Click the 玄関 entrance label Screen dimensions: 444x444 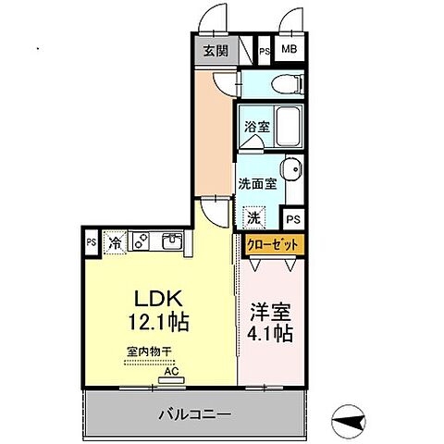coord(215,51)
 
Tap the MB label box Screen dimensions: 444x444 coord(290,51)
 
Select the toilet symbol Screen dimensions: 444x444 coord(288,83)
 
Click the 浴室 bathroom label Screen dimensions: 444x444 coord(256,126)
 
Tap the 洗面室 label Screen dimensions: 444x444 coord(257,183)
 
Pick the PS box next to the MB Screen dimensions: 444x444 coord(265,51)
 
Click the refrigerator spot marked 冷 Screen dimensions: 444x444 coord(116,243)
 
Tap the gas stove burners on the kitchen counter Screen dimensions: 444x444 coord(142,241)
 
